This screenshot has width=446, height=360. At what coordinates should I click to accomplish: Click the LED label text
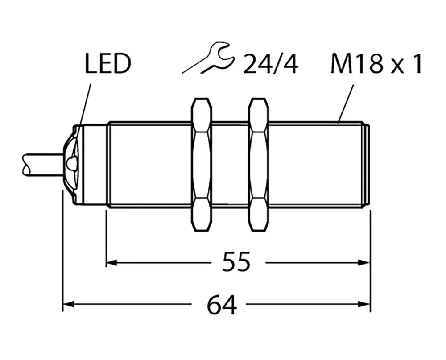click(x=107, y=64)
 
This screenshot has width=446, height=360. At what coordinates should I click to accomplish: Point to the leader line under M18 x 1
click(x=346, y=102)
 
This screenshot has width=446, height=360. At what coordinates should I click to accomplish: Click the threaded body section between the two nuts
click(x=230, y=164)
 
